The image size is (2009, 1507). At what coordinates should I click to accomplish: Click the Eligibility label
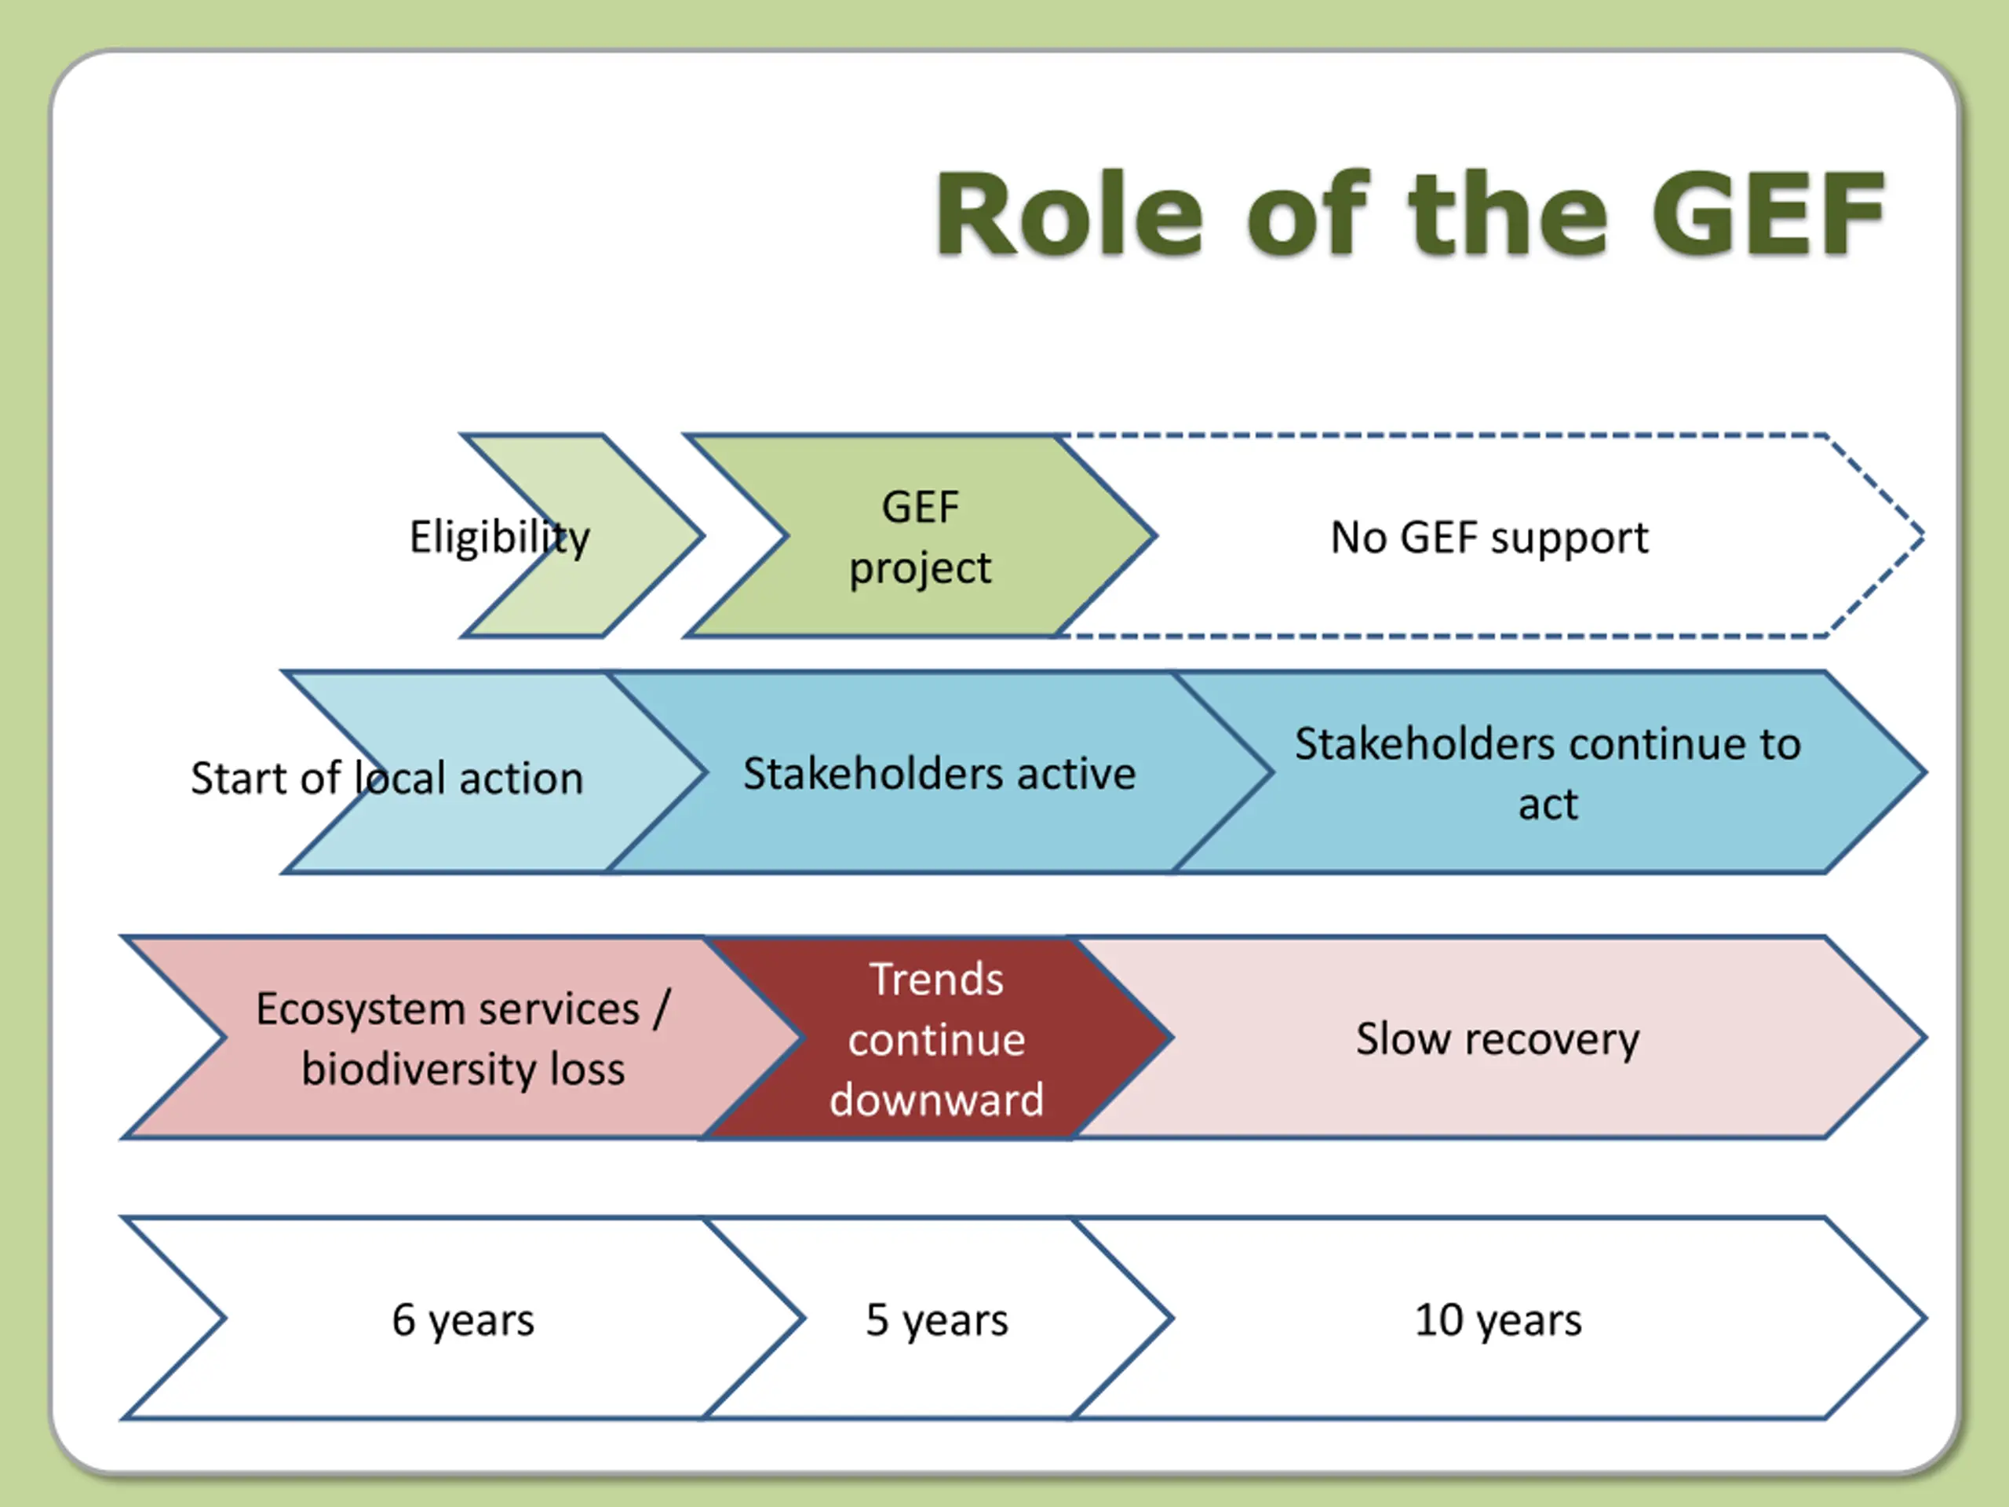500,538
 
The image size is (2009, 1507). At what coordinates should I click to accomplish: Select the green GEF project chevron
919,536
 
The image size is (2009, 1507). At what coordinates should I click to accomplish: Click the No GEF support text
1489,538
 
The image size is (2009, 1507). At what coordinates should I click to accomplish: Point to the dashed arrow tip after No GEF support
1923,536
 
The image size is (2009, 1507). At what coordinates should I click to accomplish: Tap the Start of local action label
387,779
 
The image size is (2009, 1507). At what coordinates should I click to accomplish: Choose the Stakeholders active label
939,774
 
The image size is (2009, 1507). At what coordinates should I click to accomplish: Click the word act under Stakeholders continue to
1548,805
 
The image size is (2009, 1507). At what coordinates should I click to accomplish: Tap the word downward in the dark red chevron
937,1100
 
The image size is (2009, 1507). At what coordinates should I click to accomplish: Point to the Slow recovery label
1497,1039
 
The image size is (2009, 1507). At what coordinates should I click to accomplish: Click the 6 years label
463,1321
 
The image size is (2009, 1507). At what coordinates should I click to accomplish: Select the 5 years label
937,1321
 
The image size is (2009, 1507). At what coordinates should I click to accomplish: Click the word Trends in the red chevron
937,980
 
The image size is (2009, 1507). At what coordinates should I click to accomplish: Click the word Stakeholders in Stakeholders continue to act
1425,744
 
